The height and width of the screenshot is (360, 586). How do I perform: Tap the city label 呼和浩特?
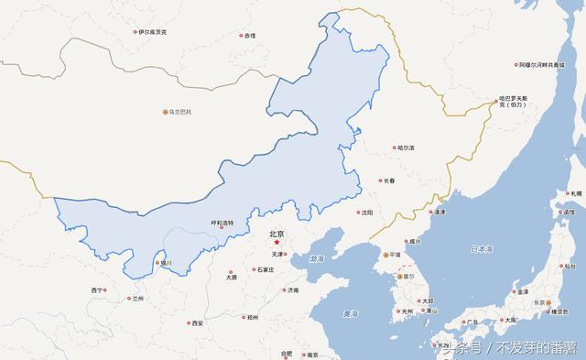[x=222, y=223]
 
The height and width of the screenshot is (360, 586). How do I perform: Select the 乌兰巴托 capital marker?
[x=166, y=112]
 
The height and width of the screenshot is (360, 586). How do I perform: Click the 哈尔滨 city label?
[x=405, y=147]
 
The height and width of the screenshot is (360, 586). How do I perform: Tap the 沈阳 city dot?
[x=359, y=213]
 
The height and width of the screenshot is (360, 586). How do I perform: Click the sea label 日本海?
[x=482, y=249]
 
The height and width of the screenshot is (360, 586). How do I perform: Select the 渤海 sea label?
[x=318, y=260]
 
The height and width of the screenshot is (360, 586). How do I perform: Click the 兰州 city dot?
[x=130, y=299]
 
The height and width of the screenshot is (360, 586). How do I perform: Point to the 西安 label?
[x=197, y=323]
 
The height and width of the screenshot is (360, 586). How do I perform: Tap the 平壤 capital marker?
[x=385, y=255]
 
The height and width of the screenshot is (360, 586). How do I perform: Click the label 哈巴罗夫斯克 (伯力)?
[x=515, y=102]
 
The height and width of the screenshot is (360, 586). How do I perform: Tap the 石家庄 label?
[x=265, y=269]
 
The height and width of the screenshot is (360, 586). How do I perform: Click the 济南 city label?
[x=292, y=290]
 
